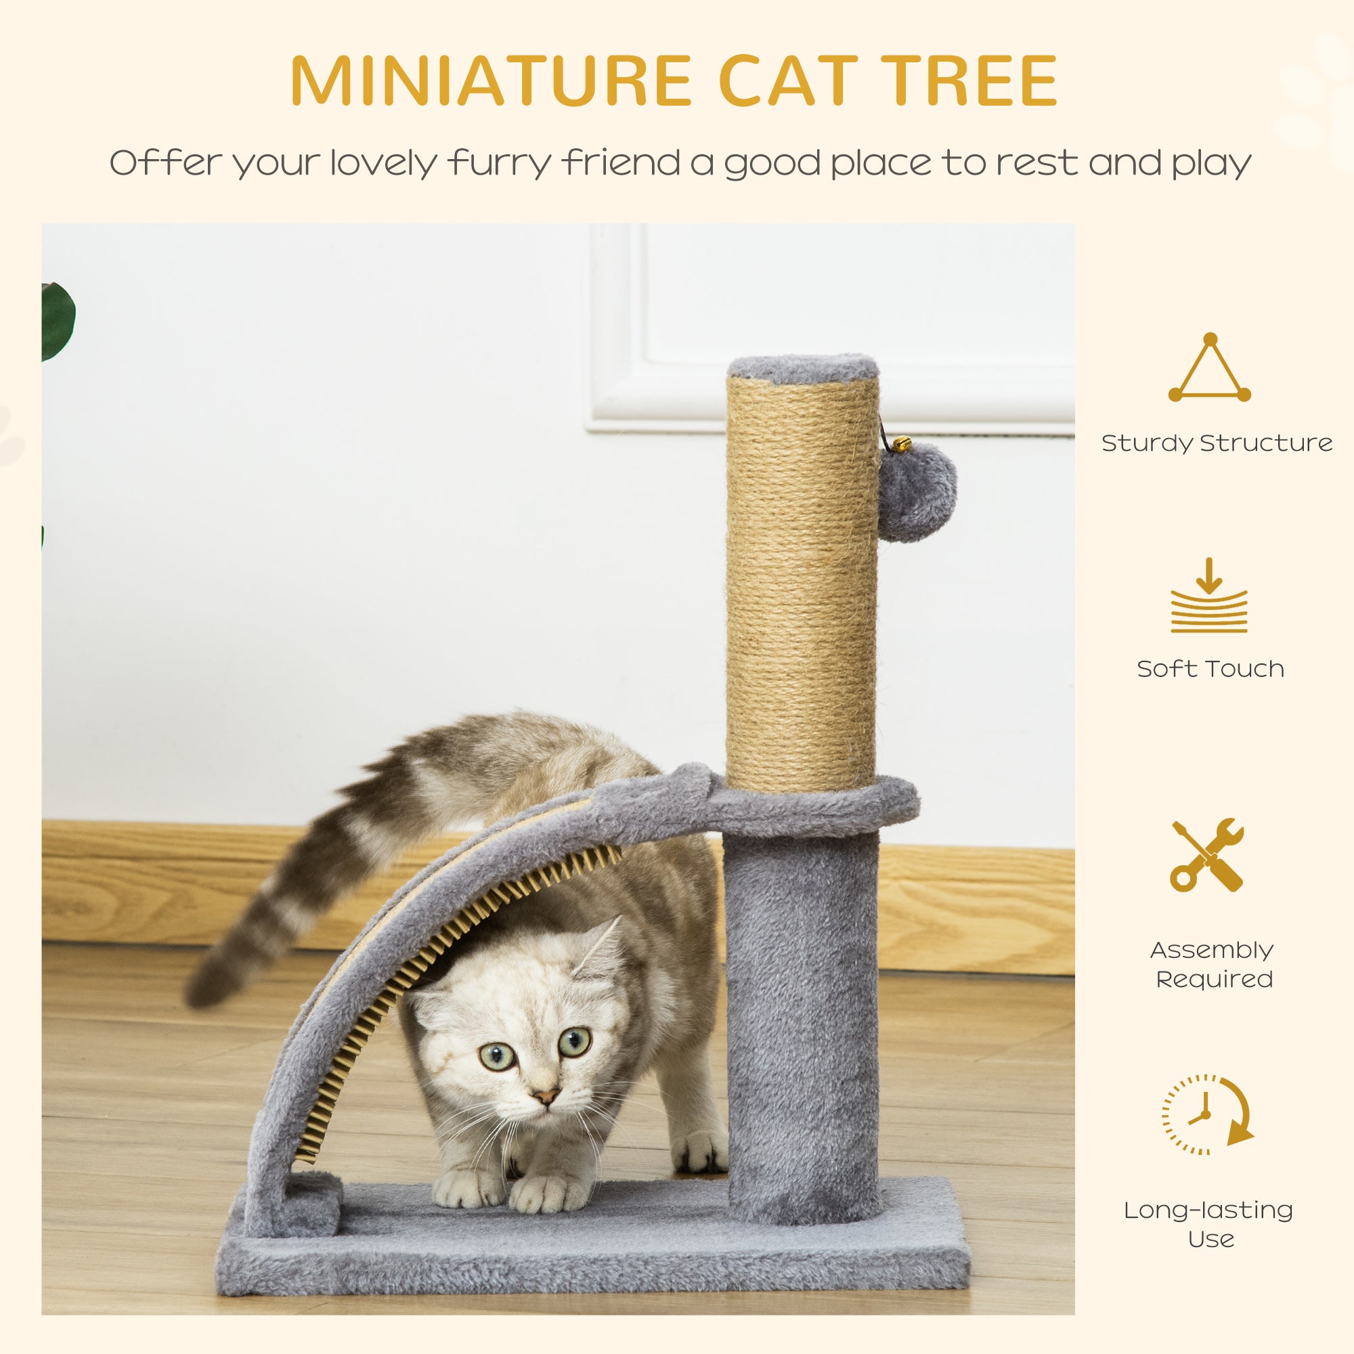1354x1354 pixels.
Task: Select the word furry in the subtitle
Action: tap(500, 163)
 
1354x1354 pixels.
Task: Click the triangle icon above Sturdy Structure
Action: tap(1210, 370)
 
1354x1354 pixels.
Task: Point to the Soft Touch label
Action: tap(1210, 670)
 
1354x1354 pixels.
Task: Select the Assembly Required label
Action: tap(1212, 964)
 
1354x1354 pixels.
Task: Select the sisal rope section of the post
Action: tap(802, 582)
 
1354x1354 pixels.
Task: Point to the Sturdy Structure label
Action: tap(1217, 443)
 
